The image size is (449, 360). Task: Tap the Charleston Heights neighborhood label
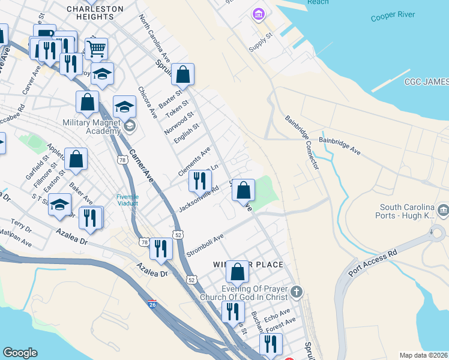[95, 13]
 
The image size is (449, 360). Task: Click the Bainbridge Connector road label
[302, 142]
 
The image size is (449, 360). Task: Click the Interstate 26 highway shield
[152, 305]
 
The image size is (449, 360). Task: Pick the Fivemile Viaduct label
[127, 200]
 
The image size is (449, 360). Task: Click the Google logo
[20, 353]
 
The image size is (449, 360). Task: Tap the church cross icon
[295, 292]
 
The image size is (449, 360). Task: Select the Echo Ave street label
[277, 314]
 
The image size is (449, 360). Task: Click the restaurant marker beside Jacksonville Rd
[200, 180]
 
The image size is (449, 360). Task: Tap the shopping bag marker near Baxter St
[182, 74]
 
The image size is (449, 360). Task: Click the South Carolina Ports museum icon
[443, 209]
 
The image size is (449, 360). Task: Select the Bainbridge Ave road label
[339, 146]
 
